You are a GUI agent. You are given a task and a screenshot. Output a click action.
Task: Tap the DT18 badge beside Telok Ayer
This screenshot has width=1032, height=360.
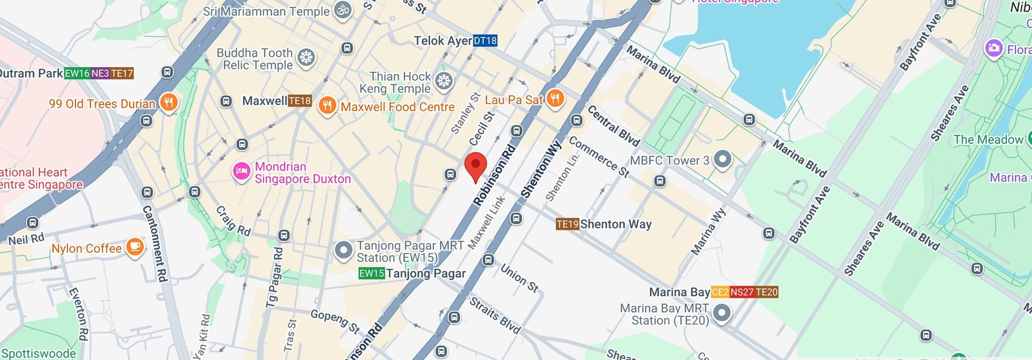485,41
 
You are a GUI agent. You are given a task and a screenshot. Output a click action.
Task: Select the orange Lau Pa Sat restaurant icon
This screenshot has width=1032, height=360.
555,99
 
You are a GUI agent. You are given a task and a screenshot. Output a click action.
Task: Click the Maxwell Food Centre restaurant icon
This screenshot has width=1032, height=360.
328,106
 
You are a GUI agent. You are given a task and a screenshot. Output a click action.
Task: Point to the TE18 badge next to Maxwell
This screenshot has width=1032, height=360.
300,101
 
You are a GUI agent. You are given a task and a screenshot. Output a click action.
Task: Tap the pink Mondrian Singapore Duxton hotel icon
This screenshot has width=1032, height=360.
241,172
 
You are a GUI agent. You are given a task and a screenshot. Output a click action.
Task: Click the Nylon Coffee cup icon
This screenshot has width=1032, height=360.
134,247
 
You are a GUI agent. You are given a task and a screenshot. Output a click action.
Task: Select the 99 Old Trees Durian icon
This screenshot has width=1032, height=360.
169,102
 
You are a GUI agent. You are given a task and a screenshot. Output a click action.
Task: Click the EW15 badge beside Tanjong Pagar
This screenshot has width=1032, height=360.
372,274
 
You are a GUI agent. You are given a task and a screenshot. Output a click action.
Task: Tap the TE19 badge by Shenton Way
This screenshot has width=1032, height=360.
567,225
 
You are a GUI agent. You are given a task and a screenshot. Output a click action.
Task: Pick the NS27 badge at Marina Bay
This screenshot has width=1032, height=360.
742,292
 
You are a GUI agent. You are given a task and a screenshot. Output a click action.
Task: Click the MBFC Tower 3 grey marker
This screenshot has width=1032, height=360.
722,159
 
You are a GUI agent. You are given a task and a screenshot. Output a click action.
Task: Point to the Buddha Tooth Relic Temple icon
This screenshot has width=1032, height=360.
306,58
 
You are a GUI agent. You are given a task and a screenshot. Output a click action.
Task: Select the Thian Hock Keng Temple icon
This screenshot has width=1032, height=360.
443,81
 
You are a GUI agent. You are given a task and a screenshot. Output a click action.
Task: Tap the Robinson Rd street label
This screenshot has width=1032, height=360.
494,175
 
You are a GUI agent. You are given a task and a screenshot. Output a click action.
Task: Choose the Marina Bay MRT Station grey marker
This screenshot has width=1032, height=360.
722,314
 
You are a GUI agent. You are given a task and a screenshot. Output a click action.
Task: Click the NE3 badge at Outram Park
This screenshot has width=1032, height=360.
100,74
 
